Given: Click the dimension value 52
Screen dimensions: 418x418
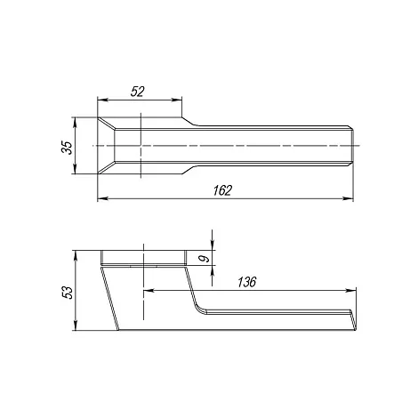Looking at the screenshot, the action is [x=137, y=92].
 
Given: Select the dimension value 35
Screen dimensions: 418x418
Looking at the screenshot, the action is [x=67, y=148].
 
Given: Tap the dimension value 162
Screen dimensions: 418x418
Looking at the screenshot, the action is [x=222, y=190].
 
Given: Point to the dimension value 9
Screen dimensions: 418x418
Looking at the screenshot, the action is [x=204, y=259].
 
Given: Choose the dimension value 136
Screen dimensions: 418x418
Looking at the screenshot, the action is [x=246, y=282].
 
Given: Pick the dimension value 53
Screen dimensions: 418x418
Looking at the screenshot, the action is [x=68, y=293].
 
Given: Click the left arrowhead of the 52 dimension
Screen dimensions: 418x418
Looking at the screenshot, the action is [x=102, y=100].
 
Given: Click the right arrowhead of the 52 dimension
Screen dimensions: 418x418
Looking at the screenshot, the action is [x=177, y=100].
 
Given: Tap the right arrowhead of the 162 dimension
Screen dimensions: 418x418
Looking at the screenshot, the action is [x=349, y=198].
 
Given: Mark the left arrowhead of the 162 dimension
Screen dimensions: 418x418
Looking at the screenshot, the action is [x=102, y=198].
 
